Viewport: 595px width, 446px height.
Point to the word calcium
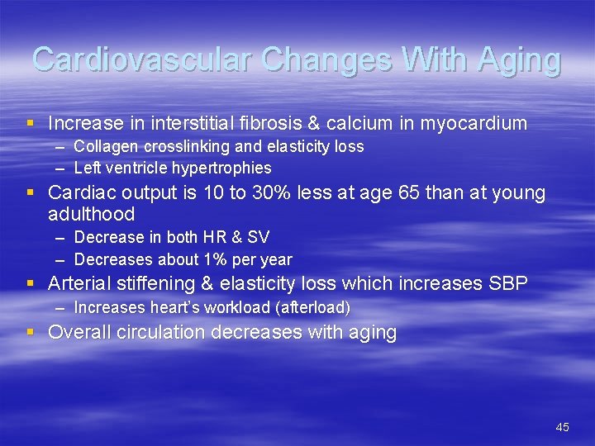click(355, 124)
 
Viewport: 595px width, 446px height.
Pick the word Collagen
click(103, 146)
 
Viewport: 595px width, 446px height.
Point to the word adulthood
click(91, 214)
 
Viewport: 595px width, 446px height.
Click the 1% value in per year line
click(220, 259)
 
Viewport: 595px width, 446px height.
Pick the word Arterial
click(79, 283)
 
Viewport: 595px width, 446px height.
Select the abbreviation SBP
click(509, 283)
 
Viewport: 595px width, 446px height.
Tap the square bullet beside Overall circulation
click(31, 332)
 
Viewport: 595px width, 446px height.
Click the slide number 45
click(562, 427)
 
